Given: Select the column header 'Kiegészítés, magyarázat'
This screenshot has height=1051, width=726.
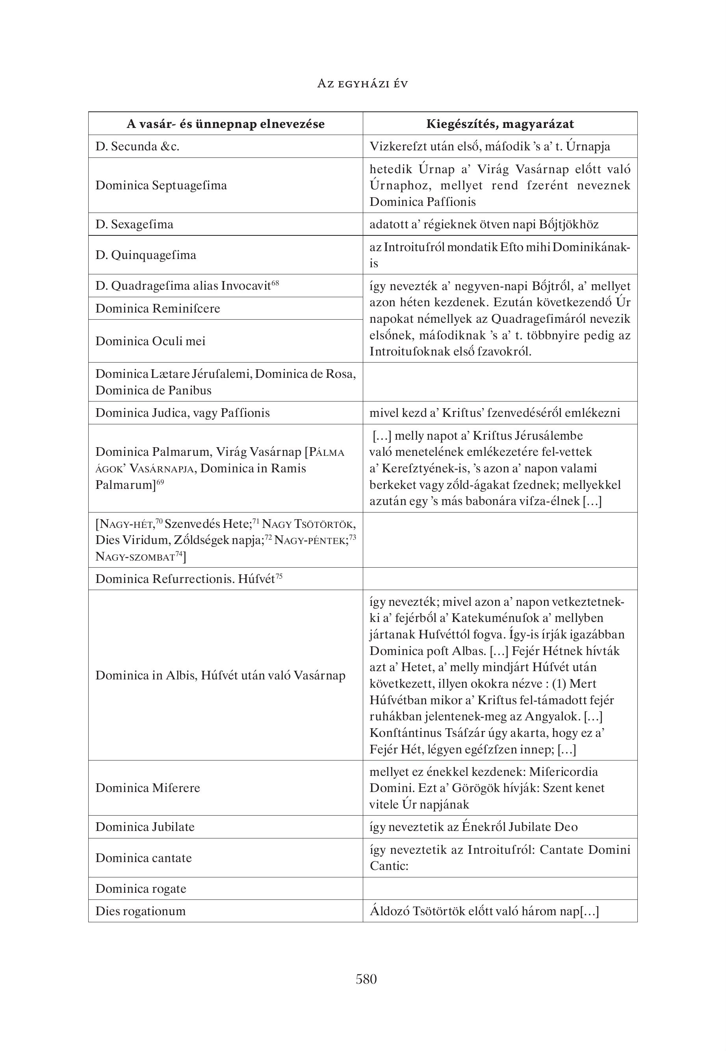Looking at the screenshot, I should click(500, 124).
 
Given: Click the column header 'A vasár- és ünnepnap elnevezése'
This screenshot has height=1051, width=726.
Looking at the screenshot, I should click(226, 124).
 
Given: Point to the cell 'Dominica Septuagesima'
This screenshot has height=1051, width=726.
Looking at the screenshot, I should click(161, 185).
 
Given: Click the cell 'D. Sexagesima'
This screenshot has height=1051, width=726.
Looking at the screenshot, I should click(134, 224).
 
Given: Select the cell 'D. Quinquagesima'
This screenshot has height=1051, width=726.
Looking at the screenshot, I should click(146, 255).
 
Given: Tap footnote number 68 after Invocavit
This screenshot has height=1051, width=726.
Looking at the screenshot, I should click(275, 283).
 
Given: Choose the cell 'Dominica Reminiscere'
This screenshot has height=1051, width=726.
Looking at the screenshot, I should click(158, 309).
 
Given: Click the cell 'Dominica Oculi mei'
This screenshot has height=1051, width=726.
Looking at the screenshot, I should click(150, 341).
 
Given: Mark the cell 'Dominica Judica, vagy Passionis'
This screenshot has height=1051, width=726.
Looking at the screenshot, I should click(182, 413).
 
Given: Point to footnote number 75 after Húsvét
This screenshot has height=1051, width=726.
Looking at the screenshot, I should click(279, 576).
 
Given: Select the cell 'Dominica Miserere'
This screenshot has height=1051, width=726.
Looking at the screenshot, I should click(147, 788).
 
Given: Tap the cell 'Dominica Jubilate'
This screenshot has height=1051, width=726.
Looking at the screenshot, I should click(145, 827).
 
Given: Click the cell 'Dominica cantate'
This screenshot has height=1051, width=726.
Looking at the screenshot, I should click(143, 858).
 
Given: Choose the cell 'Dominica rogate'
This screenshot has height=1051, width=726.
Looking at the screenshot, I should click(141, 889).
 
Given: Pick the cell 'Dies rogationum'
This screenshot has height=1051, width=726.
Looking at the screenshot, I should click(140, 911).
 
